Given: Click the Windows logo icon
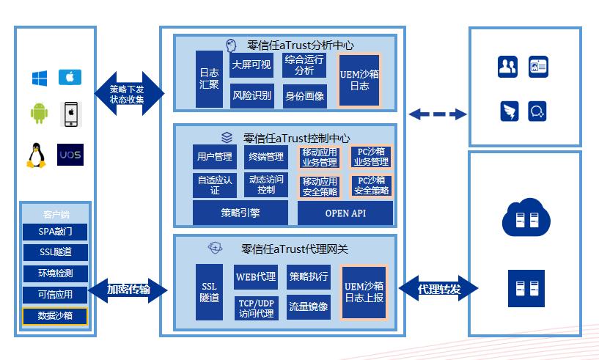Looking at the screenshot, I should tap(39, 77).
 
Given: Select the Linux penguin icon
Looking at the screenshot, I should tap(35, 155).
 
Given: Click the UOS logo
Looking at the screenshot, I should tap(70, 155).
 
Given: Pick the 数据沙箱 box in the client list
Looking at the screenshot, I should tap(55, 316).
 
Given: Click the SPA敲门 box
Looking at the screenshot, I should tap(55, 232).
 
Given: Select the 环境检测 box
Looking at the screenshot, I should tap(55, 273).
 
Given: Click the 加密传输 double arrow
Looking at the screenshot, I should tap(128, 290).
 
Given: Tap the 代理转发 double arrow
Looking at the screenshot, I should tap(438, 289).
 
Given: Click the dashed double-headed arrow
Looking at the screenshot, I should tap(438, 114).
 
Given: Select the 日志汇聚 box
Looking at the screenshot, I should tap(209, 79).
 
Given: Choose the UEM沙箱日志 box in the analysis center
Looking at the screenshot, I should tap(359, 81).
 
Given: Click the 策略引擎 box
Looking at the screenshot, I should tap(240, 213).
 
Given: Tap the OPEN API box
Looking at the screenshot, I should tap(345, 213).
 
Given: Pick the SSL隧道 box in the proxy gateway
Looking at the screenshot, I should tap(209, 292).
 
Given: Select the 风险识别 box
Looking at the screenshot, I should tap(252, 96).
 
